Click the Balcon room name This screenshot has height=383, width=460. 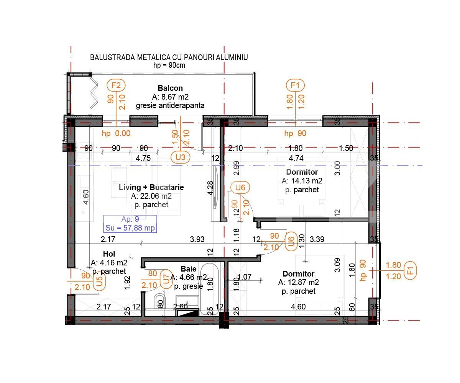click(170, 88)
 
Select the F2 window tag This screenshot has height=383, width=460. click(116, 85)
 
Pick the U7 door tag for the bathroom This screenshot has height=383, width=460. click(166, 279)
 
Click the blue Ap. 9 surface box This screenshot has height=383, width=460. click(130, 224)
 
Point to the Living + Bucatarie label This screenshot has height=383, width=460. click(151, 187)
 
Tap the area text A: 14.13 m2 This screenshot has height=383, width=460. click(302, 181)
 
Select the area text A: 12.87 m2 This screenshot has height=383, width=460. click(299, 283)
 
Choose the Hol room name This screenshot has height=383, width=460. click(109, 254)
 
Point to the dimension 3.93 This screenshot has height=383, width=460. click(197, 240)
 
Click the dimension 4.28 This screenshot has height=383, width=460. click(210, 188)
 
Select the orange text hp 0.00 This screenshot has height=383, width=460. click(116, 133)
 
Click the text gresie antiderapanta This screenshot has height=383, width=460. click(170, 105)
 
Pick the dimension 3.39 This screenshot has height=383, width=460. click(317, 240)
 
